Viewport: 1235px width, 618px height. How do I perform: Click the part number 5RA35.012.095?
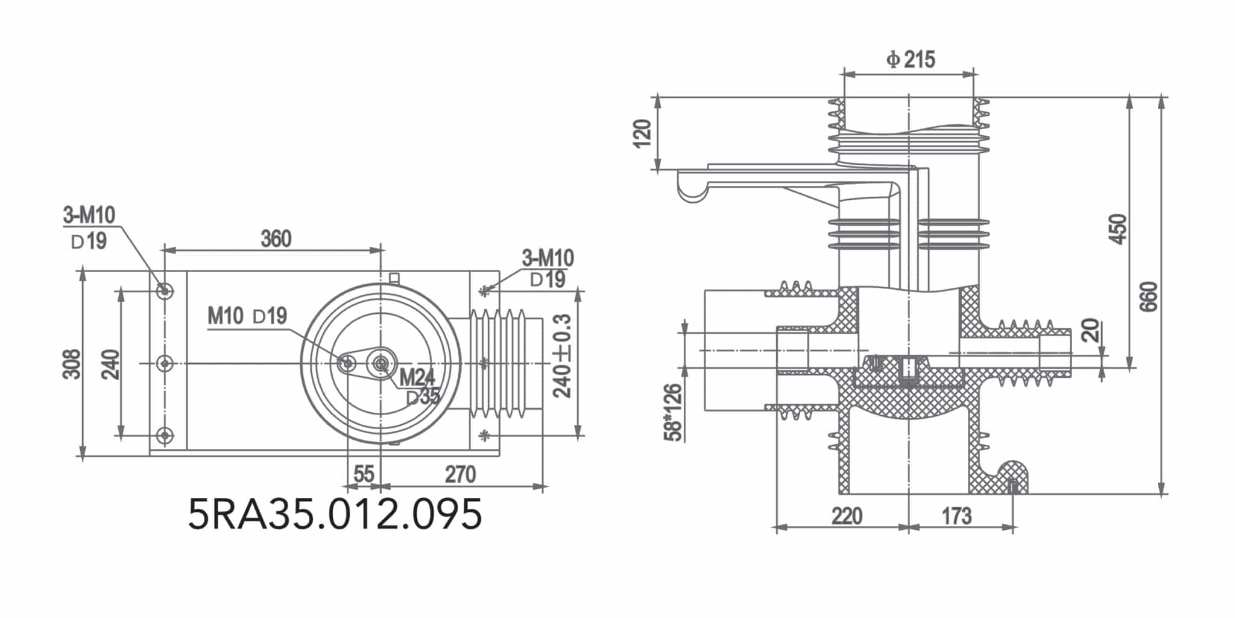[x=335, y=515]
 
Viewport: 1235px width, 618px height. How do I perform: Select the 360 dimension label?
[x=276, y=239]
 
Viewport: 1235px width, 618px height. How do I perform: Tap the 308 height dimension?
[x=72, y=364]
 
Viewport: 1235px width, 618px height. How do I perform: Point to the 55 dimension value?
[x=364, y=474]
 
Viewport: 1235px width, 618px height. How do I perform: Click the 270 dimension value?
[x=460, y=474]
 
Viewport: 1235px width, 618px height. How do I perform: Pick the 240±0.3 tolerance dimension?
[x=563, y=356]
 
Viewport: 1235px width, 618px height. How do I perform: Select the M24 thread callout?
[x=417, y=378]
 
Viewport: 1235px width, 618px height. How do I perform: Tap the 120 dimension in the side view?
[x=643, y=133]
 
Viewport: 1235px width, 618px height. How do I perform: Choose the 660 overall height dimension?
[x=1150, y=296]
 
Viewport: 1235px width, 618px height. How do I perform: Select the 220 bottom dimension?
[x=847, y=516]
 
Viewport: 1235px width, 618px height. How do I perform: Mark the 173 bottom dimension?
[x=956, y=516]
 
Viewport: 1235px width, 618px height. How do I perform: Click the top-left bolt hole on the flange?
[x=164, y=291]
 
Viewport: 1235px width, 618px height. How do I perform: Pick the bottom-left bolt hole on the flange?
[x=164, y=435]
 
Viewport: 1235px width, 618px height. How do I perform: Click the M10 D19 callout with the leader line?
[x=247, y=316]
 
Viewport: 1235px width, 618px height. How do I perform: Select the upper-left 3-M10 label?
[x=89, y=214]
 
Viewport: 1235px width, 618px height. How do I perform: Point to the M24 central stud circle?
[x=381, y=363]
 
